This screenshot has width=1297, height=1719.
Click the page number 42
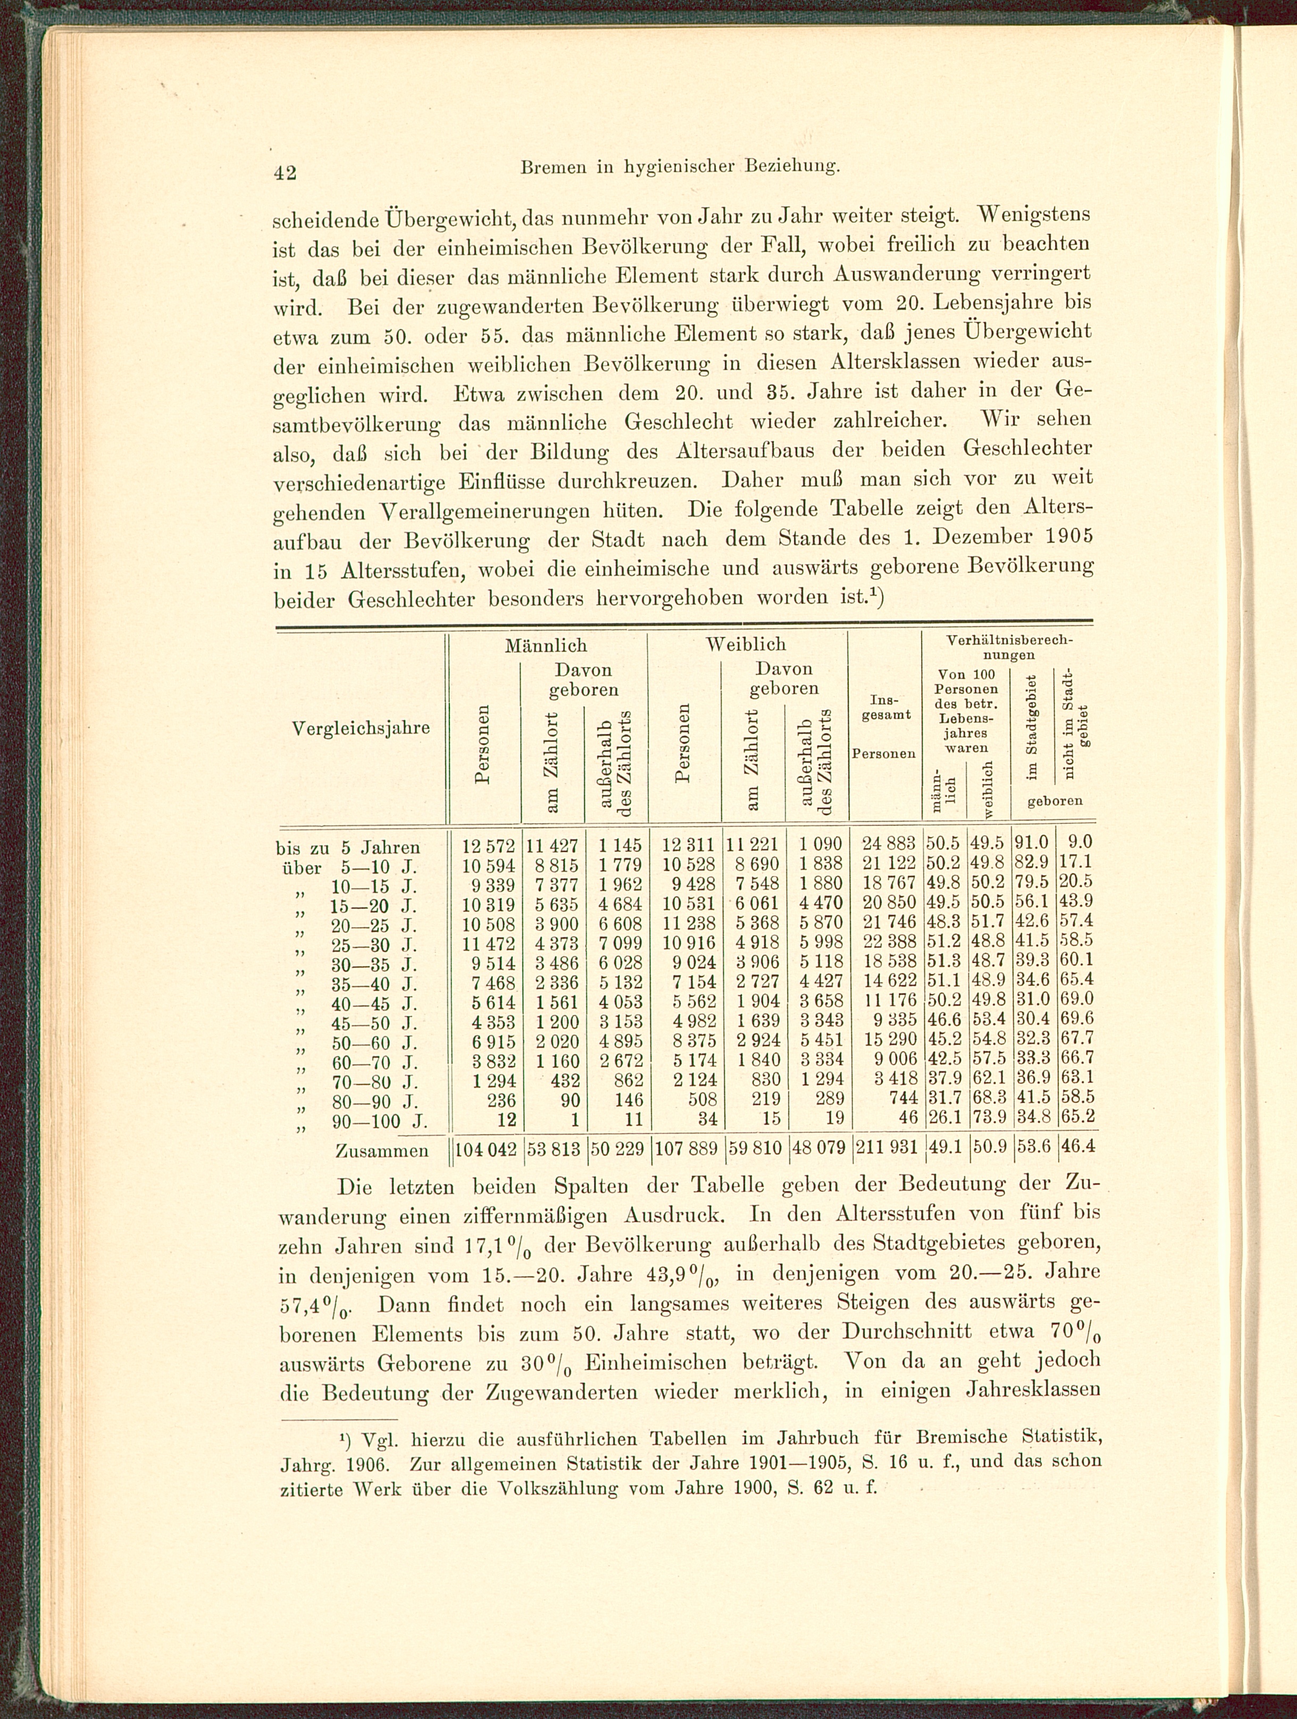(285, 172)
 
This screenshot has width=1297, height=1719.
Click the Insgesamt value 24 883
(886, 845)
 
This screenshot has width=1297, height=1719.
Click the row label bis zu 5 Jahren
(348, 846)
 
